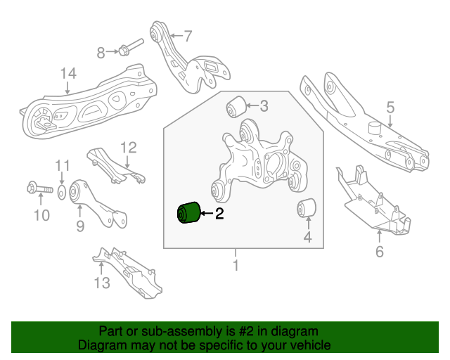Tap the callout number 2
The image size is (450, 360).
pos(219,214)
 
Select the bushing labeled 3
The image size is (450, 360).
pos(235,108)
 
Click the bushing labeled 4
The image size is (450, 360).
pos(307,209)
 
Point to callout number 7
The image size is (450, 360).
pos(187,35)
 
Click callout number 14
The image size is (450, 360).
pos(67,72)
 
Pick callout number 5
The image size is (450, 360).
pos(390,108)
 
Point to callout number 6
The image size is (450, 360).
pos(380,251)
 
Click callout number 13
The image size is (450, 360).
pos(102,283)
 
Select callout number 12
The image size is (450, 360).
pos(128,148)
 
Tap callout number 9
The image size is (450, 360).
pos(80,226)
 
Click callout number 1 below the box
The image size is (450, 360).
pos(236,265)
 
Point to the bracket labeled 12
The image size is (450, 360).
pos(112,165)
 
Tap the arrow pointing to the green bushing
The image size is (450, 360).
pos(206,213)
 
